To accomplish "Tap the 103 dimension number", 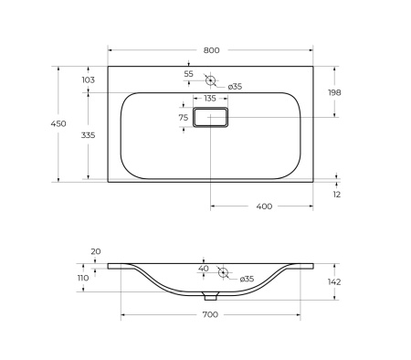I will (89, 80).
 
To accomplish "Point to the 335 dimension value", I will (89, 134).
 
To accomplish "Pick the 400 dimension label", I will (263, 206).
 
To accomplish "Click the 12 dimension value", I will (336, 196).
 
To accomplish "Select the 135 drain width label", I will (209, 98).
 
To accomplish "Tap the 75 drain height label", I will (183, 117).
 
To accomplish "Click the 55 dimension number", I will (188, 73).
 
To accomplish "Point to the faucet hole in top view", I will (210, 79).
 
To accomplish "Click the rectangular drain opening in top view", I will (210, 118).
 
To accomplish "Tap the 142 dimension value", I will (334, 281).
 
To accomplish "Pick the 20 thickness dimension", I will (96, 251).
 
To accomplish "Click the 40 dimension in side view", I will (204, 268).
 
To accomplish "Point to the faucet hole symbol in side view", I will (221, 273).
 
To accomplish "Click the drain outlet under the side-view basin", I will (211, 296).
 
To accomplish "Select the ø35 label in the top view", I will (235, 86).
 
